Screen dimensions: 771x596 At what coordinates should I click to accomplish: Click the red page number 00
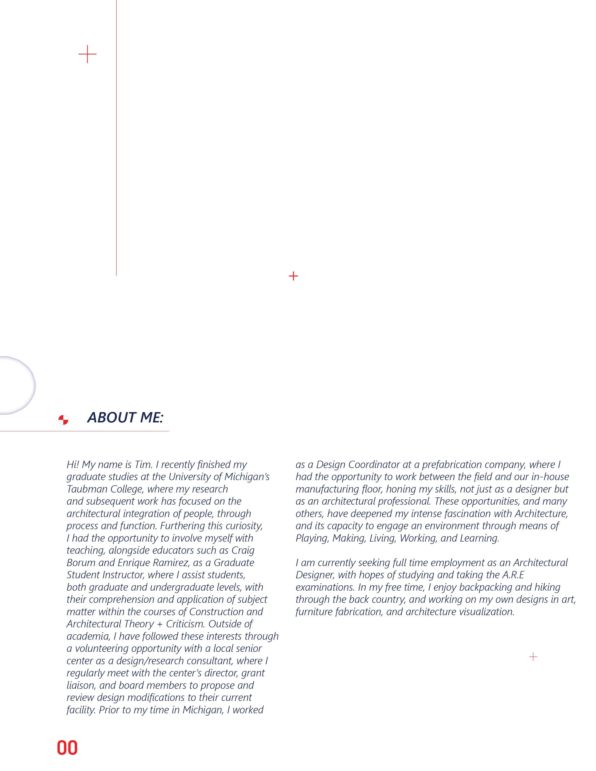click(67, 748)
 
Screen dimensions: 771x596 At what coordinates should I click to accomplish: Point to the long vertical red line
click(116, 141)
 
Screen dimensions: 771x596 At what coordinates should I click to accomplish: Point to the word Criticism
click(185, 624)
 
